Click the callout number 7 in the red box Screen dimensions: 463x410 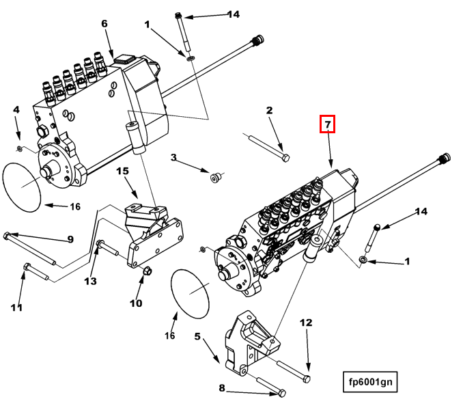coord(328,124)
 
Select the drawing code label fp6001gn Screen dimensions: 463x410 coord(370,382)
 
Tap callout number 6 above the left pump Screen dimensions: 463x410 coord(104,23)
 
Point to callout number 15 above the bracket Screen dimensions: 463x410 coord(122,171)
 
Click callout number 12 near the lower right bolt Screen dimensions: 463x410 coord(306,323)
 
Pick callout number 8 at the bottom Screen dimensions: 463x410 coord(222,387)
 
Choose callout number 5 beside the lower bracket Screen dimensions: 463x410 coord(197,336)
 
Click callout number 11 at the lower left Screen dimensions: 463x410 coord(16,307)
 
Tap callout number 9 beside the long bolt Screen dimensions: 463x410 coord(70,239)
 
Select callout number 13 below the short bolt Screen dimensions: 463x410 coord(90,281)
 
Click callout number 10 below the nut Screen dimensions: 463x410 coord(136,303)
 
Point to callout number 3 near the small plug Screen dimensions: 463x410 coord(173,157)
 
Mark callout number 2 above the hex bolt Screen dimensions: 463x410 coord(269,110)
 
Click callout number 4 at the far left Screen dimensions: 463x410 coord(16,109)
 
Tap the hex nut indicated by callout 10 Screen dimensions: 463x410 coord(147,271)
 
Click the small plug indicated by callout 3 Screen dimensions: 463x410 coord(215,177)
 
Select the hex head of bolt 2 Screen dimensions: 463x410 coord(286,158)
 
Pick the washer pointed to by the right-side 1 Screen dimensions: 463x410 coord(363,260)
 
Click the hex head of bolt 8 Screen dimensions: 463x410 coord(282,394)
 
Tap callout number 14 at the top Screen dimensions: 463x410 coord(234,14)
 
